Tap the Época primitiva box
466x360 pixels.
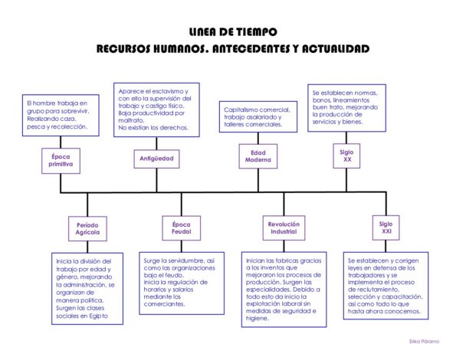61,160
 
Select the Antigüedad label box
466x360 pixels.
156,159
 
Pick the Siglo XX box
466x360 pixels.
346,155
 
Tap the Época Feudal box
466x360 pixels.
182,228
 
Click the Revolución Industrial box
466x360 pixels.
284,228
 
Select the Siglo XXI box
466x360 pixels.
386,227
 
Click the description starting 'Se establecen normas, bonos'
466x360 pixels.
346,106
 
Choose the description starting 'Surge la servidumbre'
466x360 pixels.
182,282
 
